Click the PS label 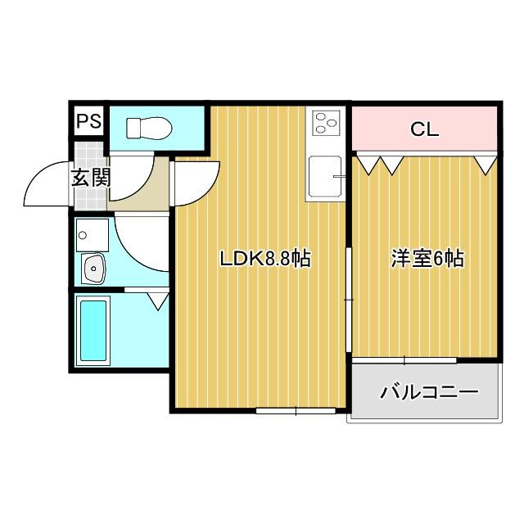(89, 122)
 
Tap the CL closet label (424, 129)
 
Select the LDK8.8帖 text (264, 260)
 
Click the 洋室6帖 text (427, 260)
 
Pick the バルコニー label (427, 392)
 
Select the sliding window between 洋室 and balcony (404, 360)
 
